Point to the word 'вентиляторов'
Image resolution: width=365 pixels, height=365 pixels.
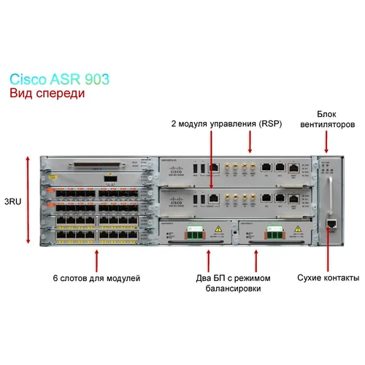[326, 125]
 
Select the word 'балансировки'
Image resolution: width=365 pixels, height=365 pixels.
[232, 289]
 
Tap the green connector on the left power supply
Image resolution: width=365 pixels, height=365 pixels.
[196, 233]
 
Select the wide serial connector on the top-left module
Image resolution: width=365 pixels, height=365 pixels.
[95, 165]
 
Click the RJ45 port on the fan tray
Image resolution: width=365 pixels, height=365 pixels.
[331, 220]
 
